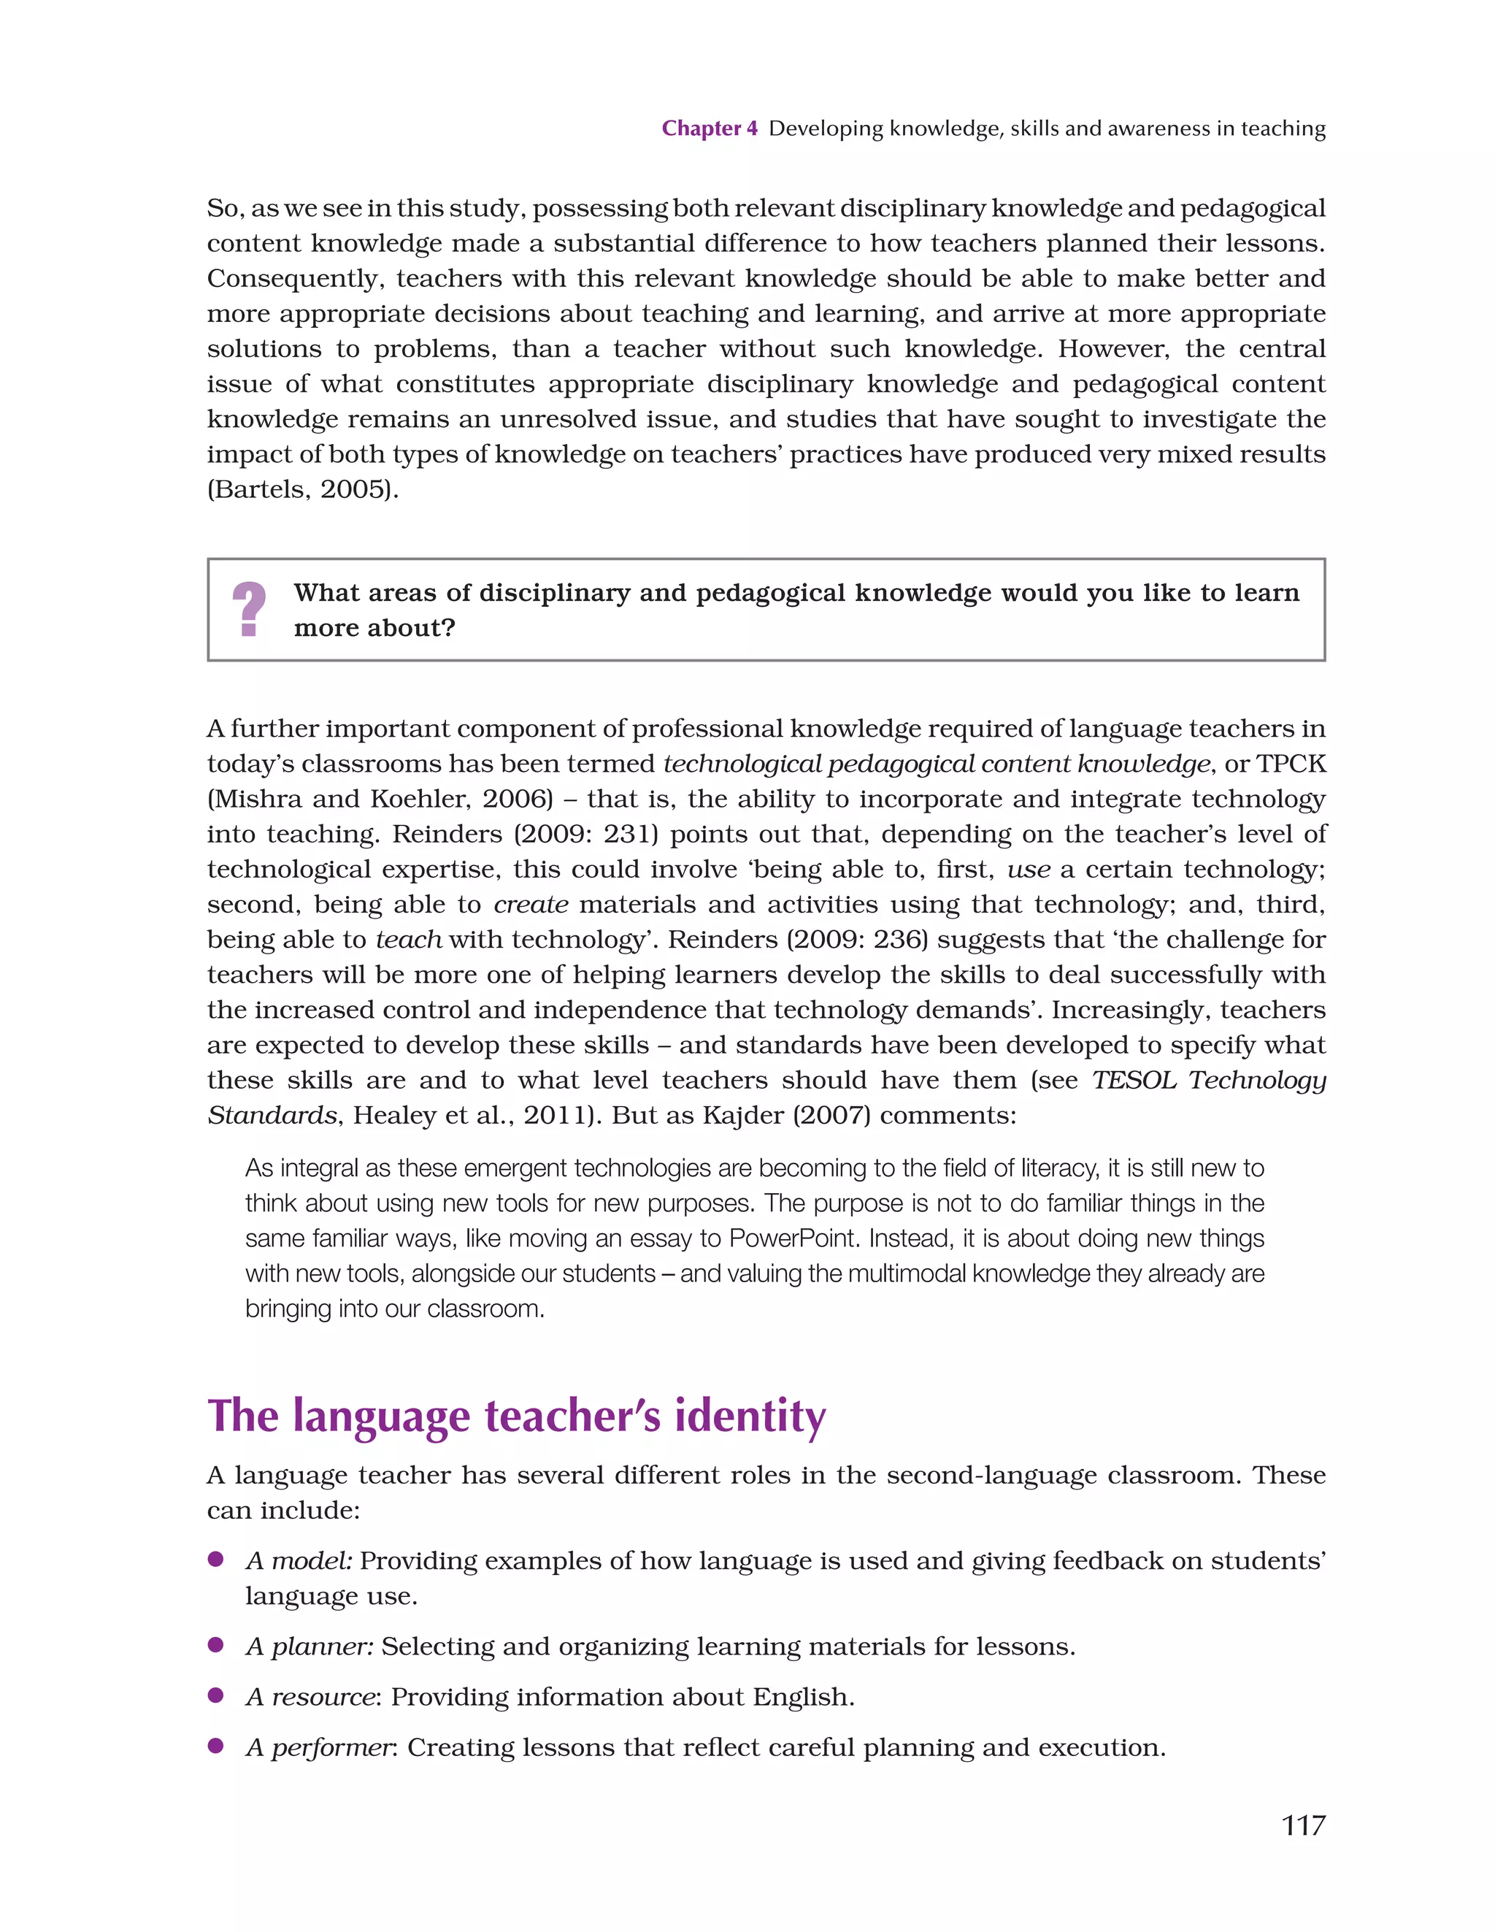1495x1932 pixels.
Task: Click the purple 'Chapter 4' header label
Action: pyautogui.click(x=709, y=129)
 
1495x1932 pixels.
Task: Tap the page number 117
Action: pyautogui.click(x=1303, y=1825)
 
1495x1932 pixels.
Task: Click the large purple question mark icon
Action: pyautogui.click(x=249, y=610)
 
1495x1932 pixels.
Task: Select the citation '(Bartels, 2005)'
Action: pyautogui.click(x=301, y=489)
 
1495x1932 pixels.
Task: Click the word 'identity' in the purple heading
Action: pyautogui.click(x=750, y=1417)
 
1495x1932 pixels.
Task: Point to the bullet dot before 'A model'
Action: pyautogui.click(x=215, y=1560)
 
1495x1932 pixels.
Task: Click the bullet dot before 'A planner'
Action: pyautogui.click(x=215, y=1645)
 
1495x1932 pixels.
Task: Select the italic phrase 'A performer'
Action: pyautogui.click(x=318, y=1747)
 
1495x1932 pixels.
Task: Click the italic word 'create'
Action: pyautogui.click(x=531, y=904)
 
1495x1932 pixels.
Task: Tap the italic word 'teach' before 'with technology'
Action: pyautogui.click(x=409, y=940)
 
